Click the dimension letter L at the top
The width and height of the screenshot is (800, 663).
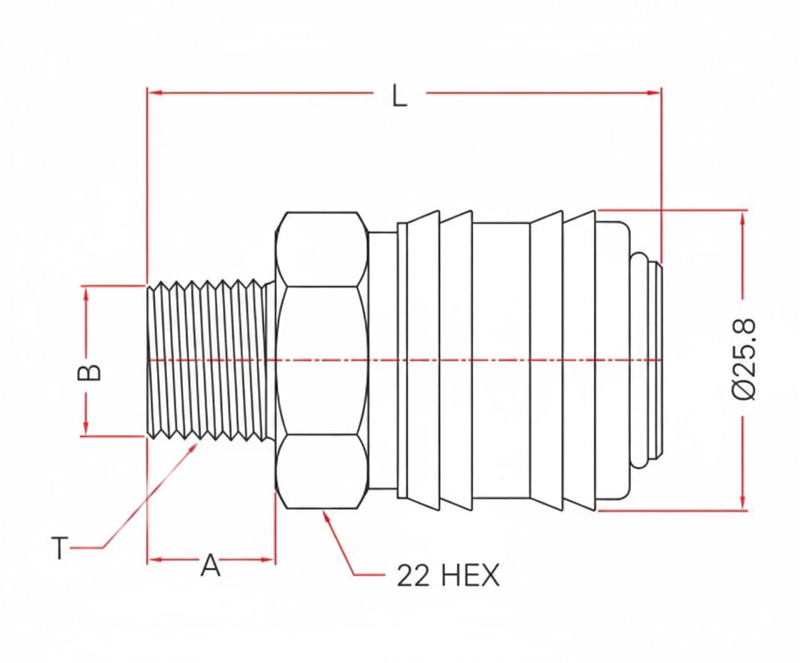(x=399, y=96)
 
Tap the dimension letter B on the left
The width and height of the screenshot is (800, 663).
(x=89, y=373)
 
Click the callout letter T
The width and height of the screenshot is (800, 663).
(x=60, y=548)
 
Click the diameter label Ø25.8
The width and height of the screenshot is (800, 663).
(x=744, y=360)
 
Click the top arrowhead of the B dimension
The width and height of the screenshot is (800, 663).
(x=86, y=293)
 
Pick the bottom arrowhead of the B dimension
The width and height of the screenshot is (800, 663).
(x=86, y=428)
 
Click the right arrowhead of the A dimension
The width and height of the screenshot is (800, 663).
(x=268, y=559)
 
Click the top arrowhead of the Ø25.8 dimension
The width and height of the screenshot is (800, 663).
(x=743, y=217)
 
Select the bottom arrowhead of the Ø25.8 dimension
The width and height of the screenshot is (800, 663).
(x=743, y=502)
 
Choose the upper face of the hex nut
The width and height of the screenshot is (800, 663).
(x=321, y=249)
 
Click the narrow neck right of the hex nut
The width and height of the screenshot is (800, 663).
(x=383, y=360)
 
